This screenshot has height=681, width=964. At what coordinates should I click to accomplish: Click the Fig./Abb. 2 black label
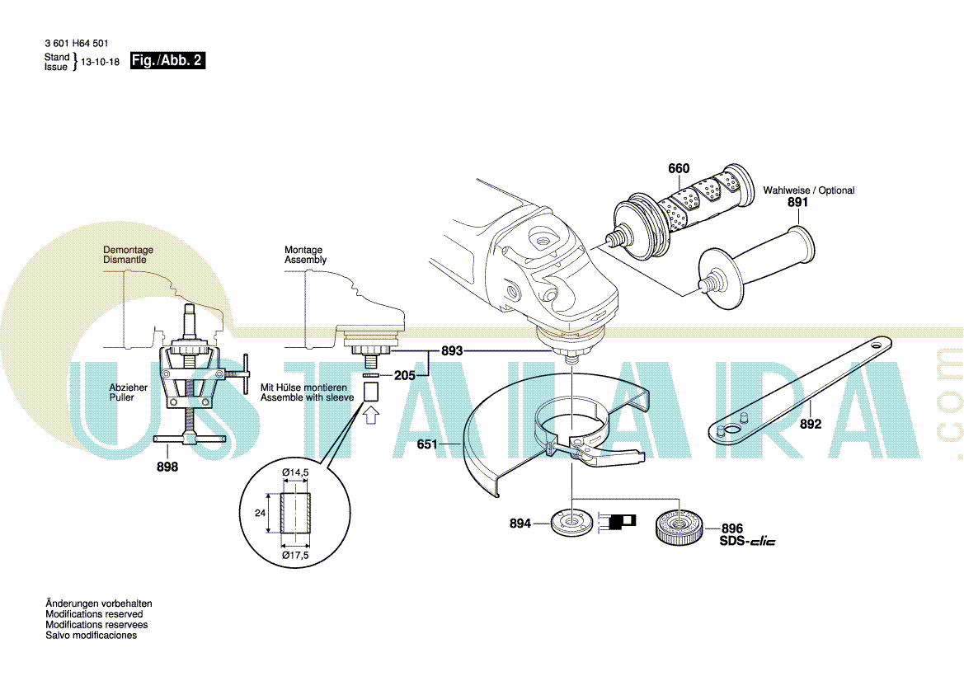pos(167,60)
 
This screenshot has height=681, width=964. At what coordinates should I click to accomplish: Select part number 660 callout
pos(679,168)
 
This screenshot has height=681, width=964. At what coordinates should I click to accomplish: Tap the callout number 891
pos(798,202)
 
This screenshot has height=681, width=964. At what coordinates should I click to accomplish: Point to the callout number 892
pos(811,424)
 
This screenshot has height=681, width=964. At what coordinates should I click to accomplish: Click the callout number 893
pos(452,351)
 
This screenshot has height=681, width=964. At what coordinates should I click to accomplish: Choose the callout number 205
pos(405,375)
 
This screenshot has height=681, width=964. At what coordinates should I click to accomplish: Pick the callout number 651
pos(427,444)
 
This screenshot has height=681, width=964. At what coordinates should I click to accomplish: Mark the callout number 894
pos(520,524)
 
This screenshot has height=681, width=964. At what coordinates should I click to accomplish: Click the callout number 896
pos(732,528)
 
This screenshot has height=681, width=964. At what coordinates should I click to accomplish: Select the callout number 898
pos(167,467)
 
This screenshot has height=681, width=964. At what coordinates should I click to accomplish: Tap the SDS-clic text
pos(748,542)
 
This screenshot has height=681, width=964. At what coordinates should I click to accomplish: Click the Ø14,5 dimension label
pos(295,472)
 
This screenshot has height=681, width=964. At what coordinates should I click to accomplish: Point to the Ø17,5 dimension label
pos(295,556)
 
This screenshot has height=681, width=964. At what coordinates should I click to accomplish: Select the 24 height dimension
pos(260,513)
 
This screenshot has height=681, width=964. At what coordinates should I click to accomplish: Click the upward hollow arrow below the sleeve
pos(371,416)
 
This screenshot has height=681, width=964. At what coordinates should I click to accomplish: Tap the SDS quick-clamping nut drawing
pos(679,528)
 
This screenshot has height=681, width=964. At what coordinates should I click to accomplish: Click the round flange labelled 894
pos(571,523)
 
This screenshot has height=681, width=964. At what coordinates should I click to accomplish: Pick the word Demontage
pos(129,250)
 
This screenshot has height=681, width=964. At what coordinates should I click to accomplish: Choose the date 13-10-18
pos(101,62)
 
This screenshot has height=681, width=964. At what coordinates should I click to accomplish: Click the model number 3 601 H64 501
pos(76,44)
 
